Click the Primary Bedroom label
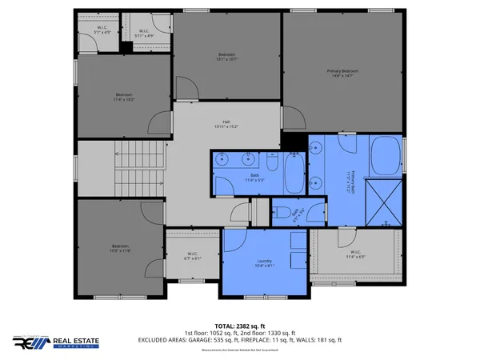tap(342, 71)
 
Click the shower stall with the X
tap(383, 201)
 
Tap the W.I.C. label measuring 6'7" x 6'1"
tap(192, 257)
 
